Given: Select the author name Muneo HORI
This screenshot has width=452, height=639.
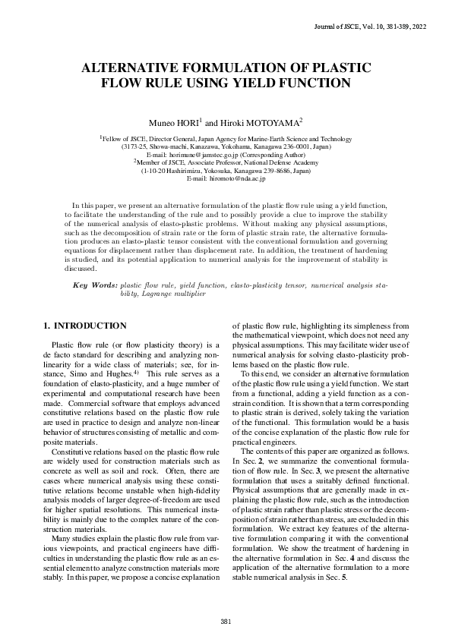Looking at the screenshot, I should (x=175, y=122).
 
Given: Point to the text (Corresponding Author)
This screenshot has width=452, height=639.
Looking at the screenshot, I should (x=263, y=154).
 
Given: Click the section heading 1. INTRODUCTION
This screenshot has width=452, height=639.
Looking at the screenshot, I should (x=85, y=326).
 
